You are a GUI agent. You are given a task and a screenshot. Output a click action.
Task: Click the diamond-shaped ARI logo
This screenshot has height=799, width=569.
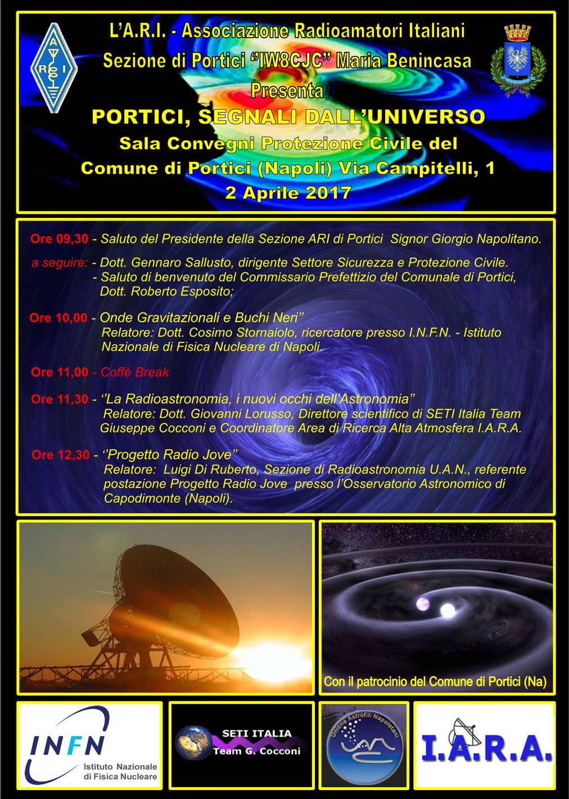(x=54, y=68)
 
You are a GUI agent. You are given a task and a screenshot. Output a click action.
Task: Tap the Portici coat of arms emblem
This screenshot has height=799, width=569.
(x=518, y=61)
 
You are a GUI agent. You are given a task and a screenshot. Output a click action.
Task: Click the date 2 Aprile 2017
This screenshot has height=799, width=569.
(x=288, y=193)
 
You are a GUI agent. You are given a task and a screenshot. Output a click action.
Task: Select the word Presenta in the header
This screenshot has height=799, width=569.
(x=287, y=90)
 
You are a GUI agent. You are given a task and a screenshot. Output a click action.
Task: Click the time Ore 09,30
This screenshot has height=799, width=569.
(x=59, y=238)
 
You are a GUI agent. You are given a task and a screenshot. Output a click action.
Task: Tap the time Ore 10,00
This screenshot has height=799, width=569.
(x=58, y=318)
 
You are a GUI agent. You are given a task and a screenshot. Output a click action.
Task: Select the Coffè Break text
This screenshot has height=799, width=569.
(x=134, y=372)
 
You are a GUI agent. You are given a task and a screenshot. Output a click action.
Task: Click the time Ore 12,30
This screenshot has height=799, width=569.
(x=60, y=454)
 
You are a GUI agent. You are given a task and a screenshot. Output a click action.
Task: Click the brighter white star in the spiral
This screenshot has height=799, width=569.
(x=448, y=610)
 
